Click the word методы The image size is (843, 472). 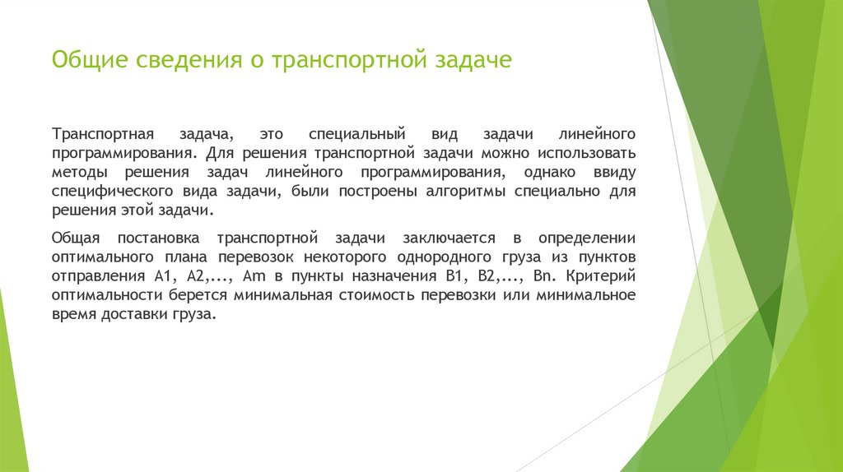[x=80, y=173]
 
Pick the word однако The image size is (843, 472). [x=547, y=173]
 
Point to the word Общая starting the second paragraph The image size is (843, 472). [x=76, y=238]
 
